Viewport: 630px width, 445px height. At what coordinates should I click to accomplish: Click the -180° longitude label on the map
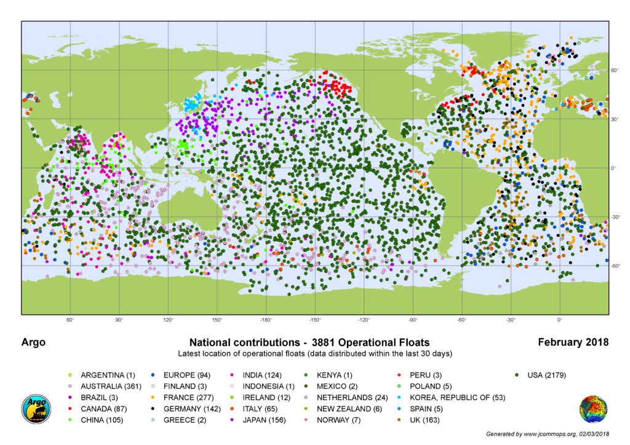coord(266,321)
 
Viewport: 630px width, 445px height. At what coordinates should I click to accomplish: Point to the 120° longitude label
coord(168,321)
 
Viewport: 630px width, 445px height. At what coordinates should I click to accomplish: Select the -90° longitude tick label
coord(412,321)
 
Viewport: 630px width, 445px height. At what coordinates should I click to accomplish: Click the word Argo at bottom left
coord(34,342)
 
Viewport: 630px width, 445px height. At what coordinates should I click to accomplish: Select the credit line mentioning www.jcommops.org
coord(547,434)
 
